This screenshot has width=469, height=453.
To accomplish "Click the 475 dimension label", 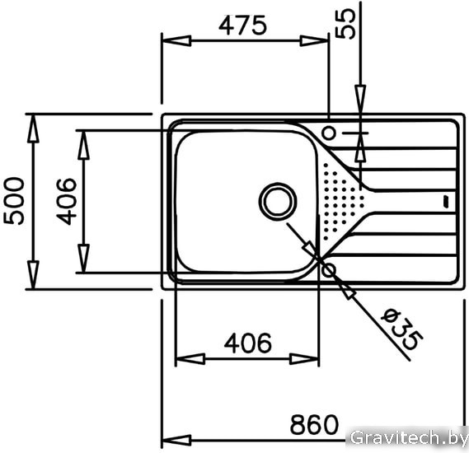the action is [242, 25].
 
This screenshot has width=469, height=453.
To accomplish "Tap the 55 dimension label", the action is [345, 23].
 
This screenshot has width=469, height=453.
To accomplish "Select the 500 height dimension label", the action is [14, 201].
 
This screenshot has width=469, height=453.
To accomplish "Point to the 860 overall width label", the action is [314, 424].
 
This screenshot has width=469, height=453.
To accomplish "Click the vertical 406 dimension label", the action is [66, 201].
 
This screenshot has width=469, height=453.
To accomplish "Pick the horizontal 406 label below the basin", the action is [248, 343].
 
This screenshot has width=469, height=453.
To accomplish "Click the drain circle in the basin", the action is [278, 202].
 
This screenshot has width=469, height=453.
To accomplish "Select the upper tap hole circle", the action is [329, 133].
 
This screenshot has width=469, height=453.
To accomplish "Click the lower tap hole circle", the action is [329, 270].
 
